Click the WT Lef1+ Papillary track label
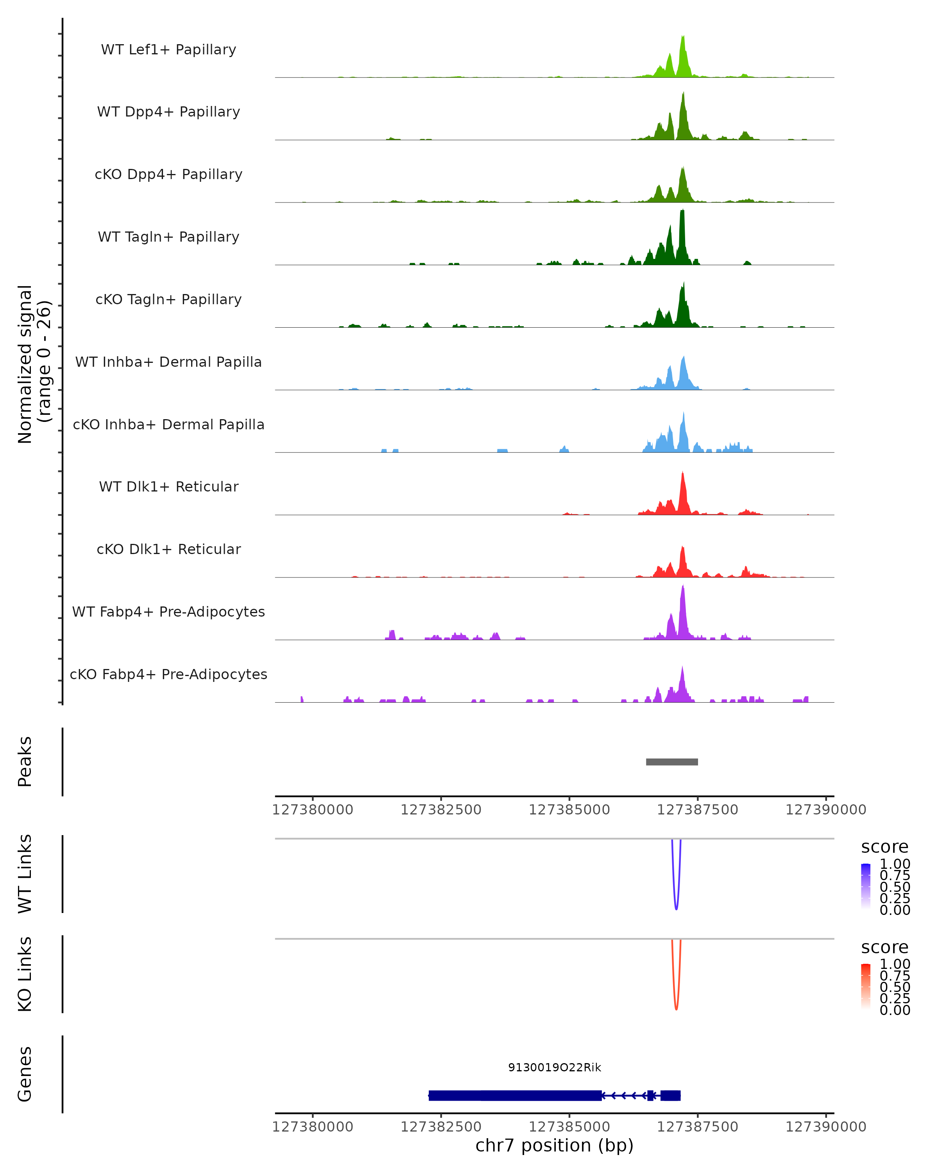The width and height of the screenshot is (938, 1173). pyautogui.click(x=168, y=50)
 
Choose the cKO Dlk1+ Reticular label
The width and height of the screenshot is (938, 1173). pyautogui.click(x=168, y=549)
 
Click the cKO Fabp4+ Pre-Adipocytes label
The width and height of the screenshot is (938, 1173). pyautogui.click(x=168, y=674)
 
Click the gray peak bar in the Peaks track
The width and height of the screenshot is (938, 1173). pyautogui.click(x=671, y=762)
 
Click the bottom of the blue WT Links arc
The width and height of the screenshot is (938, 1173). pyautogui.click(x=676, y=909)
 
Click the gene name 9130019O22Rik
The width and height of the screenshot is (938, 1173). pyautogui.click(x=555, y=1067)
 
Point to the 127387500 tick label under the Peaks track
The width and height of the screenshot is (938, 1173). pyautogui.click(x=698, y=810)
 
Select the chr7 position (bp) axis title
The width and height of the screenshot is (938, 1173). pyautogui.click(x=555, y=1145)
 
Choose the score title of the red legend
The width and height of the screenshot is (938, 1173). pyautogui.click(x=885, y=947)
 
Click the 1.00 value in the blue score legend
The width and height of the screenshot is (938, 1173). pyautogui.click(x=895, y=864)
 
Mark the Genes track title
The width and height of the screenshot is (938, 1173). pyautogui.click(x=25, y=1074)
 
